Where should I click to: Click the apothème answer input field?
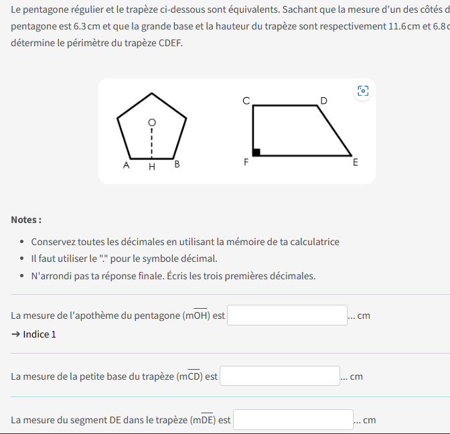[x=287, y=315]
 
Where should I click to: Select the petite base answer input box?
[x=280, y=376]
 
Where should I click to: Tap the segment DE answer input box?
[x=293, y=420]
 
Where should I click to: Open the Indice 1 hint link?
[x=34, y=334]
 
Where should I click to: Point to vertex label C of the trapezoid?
[x=246, y=100]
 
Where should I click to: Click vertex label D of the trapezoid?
[x=324, y=100]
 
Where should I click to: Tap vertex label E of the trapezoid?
[x=355, y=162]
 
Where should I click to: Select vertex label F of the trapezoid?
[x=246, y=162]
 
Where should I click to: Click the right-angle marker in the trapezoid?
[x=256, y=152]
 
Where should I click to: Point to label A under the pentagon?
[x=127, y=165]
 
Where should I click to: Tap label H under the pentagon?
[x=152, y=167]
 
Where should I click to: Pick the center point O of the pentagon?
[x=152, y=123]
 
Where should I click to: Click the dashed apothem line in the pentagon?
[x=152, y=142]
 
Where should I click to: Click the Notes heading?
[x=26, y=220]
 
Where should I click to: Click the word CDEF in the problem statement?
[x=170, y=43]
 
